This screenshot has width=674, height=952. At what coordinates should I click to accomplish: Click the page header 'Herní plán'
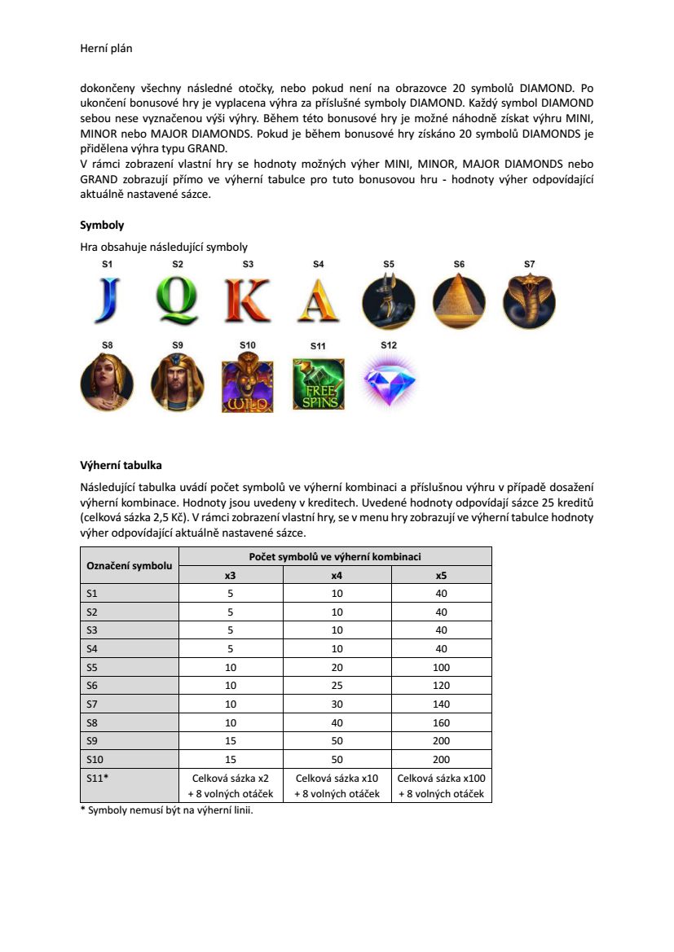pos(106,49)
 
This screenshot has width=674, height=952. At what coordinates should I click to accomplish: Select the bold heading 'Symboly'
pos(102,225)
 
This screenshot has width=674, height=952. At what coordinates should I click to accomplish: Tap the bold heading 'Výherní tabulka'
pos(121,466)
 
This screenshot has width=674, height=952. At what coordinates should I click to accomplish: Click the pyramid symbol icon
pos(459,301)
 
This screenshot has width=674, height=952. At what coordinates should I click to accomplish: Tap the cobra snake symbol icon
pos(530,301)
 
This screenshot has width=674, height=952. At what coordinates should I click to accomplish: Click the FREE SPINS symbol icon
pos(319,384)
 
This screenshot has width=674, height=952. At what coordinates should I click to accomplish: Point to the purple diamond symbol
pos(389,380)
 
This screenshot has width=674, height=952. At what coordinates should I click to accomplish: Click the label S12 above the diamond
pos(389,345)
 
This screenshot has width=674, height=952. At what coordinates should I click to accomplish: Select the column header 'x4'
pos(337,575)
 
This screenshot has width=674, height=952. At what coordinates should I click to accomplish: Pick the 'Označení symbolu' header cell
pos(130,566)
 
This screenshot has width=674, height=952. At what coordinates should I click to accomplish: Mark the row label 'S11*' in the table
pos(98,778)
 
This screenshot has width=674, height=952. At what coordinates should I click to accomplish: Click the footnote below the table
pos(166,810)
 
